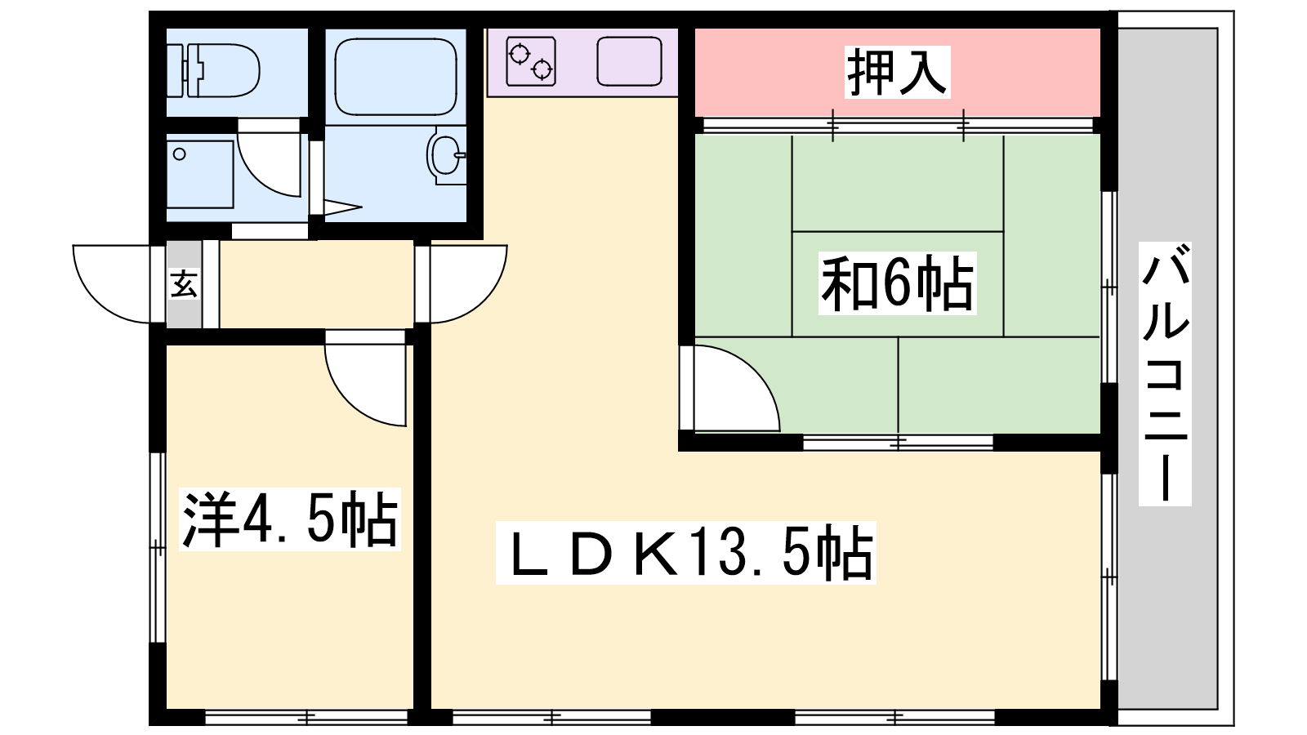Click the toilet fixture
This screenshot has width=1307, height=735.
click(216, 71)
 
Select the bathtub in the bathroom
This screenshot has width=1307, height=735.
click(395, 77)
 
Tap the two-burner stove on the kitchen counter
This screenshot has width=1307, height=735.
click(530, 61)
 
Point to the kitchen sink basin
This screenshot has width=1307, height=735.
click(629, 61)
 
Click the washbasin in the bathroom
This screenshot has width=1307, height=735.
click(446, 155)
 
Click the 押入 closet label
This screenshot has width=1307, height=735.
click(898, 73)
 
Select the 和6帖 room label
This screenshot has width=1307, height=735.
click(898, 284)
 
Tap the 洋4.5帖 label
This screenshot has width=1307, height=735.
click(290, 519)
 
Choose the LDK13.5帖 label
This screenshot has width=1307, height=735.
click(685, 552)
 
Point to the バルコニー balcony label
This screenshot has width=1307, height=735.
click(1165, 373)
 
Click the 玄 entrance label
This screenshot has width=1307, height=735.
click(183, 284)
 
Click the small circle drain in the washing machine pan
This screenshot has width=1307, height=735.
click(180, 154)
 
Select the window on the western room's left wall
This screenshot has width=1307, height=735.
click(158, 548)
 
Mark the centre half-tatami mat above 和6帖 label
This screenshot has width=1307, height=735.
click(898, 183)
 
